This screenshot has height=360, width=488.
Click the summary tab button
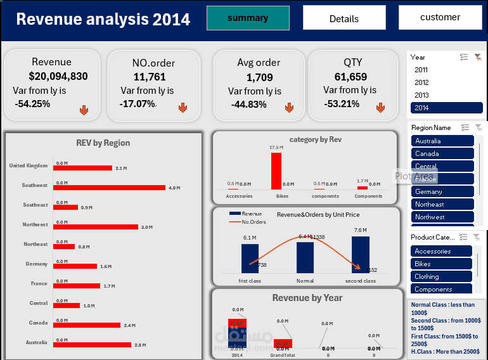pos(248,18)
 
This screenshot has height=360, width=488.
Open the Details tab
pos(344,18)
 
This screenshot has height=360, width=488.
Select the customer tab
pos(440,18)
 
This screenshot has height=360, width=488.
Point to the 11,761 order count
pos(150,77)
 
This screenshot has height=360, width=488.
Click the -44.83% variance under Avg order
pos(248,105)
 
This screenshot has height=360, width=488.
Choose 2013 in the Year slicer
pos(421,95)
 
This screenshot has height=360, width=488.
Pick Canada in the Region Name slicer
pos(442,153)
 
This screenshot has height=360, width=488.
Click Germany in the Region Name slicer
pos(442,191)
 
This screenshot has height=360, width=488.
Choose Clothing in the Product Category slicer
pos(441,276)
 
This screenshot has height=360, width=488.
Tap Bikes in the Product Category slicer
pos(441,264)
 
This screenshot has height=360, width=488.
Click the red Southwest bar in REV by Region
pos(109,188)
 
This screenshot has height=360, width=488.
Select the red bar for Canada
pos(87,325)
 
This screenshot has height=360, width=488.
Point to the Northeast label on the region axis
pos(35,244)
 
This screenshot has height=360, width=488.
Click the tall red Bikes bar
pos(276,170)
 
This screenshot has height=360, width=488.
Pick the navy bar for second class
pos(361,254)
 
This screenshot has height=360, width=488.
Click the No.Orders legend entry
pos(254,222)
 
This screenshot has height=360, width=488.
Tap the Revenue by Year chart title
pos(307,298)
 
